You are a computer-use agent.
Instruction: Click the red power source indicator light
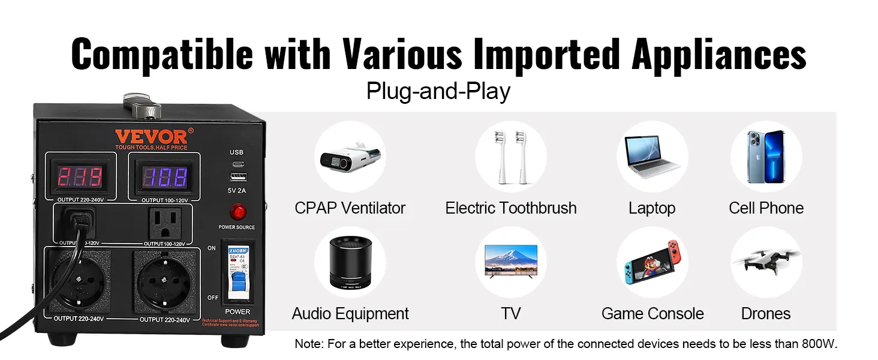(x=236, y=212)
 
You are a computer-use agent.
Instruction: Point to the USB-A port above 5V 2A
(x=236, y=178)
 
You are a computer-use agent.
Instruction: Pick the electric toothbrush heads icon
(x=510, y=157)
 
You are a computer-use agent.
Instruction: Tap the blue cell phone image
(x=765, y=157)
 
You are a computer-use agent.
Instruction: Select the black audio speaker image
(x=351, y=263)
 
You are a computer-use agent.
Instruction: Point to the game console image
(x=653, y=263)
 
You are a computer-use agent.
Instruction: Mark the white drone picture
(x=766, y=261)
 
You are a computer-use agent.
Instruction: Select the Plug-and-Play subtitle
(x=438, y=91)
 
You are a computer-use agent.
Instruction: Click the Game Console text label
(x=653, y=313)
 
